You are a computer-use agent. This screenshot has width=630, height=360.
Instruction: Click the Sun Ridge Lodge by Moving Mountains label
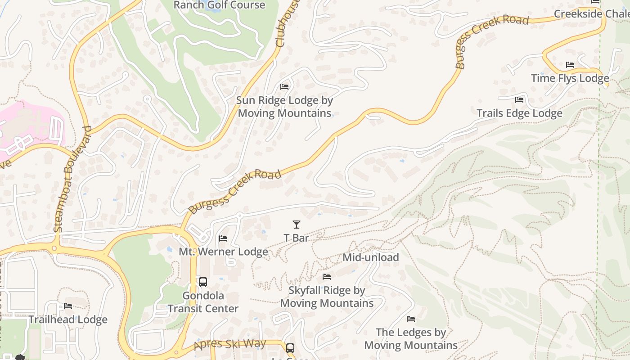[284, 107]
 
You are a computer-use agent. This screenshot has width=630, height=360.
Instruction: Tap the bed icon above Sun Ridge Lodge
[284, 86]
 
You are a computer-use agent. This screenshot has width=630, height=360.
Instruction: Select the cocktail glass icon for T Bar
[297, 224]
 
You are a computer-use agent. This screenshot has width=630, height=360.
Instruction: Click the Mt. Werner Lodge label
[223, 252]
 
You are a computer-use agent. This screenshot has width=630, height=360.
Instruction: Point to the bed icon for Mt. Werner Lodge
[223, 238]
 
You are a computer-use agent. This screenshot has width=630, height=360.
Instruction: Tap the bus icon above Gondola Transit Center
[203, 282]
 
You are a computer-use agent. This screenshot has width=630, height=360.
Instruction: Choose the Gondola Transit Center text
[203, 302]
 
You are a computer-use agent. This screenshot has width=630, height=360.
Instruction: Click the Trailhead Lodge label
[68, 319]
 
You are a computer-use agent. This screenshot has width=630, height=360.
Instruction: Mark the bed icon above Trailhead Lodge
[68, 306]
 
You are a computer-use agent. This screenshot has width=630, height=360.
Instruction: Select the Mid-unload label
[370, 257]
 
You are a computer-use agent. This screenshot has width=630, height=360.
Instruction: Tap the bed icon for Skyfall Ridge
[327, 276]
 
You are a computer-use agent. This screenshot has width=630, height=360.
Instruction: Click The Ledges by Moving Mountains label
[411, 338]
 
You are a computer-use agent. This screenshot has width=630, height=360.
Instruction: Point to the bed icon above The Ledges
[411, 319]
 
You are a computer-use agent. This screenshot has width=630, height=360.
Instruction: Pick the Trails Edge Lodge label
[519, 113]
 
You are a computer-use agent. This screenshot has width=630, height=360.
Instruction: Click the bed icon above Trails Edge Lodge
[519, 99]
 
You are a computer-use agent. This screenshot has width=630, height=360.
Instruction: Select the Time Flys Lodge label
[570, 78]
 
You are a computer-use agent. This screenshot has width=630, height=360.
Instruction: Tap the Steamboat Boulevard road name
[72, 179]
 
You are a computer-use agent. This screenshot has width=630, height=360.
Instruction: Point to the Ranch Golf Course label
[219, 5]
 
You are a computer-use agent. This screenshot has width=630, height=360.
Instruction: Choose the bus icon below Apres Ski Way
[290, 348]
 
